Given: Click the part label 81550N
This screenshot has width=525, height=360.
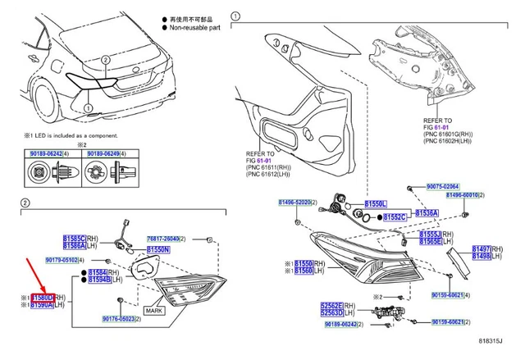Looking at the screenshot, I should click(x=158, y=249).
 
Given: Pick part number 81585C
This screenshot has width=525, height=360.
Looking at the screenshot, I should click(x=75, y=237).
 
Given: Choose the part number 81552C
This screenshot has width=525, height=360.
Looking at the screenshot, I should click(x=395, y=217).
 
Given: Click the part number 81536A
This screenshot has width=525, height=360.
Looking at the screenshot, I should click(x=425, y=213).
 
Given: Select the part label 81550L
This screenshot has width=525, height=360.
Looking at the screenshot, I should click(x=376, y=203).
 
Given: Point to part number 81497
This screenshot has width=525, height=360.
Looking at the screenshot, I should click(x=481, y=248).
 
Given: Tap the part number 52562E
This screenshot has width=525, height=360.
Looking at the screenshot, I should click(x=332, y=305).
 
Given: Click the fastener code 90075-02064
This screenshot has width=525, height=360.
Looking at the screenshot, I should click(x=443, y=186).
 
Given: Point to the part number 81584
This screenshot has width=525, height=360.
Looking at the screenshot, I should click(x=98, y=271).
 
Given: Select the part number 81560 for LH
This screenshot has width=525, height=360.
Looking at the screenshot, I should click(x=304, y=271).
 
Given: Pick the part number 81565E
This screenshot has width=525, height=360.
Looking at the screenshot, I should click(x=431, y=242).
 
